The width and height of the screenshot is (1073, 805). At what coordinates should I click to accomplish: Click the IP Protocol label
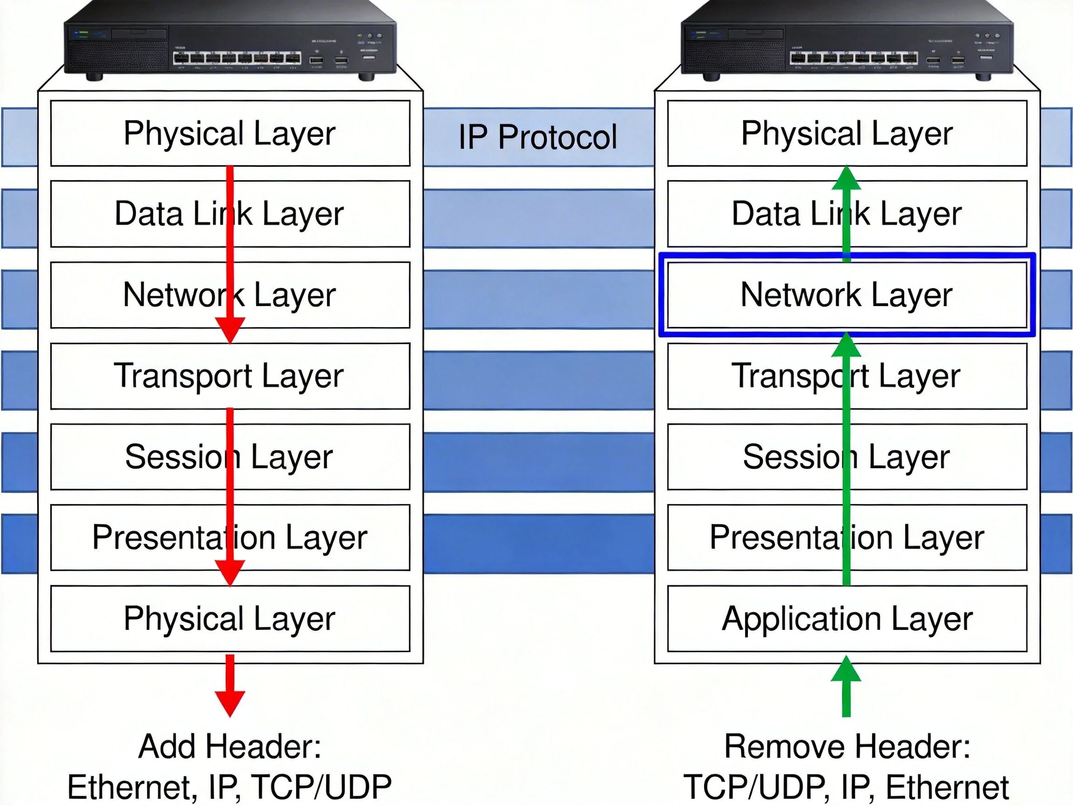537,137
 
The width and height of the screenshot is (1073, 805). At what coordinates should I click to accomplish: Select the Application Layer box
847,619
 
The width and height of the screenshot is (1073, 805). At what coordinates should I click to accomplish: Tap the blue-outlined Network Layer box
847,294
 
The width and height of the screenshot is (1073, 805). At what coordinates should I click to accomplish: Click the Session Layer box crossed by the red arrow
230,457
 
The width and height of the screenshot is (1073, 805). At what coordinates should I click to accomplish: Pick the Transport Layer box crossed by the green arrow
847,376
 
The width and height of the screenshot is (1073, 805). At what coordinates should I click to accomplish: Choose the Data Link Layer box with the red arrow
230,214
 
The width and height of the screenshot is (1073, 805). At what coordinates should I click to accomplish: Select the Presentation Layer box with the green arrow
847,538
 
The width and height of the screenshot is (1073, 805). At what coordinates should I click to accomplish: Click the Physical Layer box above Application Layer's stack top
847,133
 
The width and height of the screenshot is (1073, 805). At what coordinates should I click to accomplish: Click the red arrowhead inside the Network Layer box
230,330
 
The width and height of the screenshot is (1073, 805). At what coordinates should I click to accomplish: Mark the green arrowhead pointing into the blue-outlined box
846,346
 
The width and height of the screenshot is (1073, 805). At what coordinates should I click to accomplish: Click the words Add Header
230,746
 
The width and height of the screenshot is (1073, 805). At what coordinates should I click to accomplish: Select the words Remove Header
847,746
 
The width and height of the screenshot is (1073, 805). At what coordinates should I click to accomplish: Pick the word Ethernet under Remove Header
947,787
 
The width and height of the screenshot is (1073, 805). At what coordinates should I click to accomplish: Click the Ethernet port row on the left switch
237,59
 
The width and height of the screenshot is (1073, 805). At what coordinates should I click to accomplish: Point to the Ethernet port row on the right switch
854,59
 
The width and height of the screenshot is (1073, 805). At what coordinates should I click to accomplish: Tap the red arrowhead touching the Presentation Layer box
230,573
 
